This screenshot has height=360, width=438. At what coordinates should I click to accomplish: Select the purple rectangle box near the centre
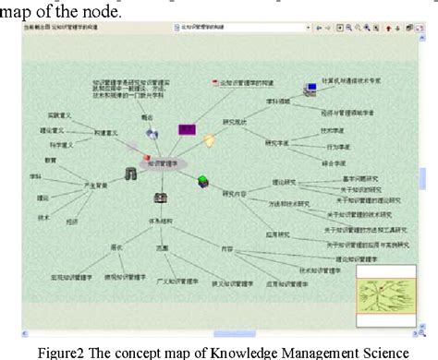pos(187,130)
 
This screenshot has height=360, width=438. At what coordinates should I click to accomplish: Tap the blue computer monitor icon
pos(312,90)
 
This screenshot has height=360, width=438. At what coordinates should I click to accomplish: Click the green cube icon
pos(202,181)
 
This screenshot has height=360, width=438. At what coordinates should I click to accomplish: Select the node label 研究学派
pos(275,142)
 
